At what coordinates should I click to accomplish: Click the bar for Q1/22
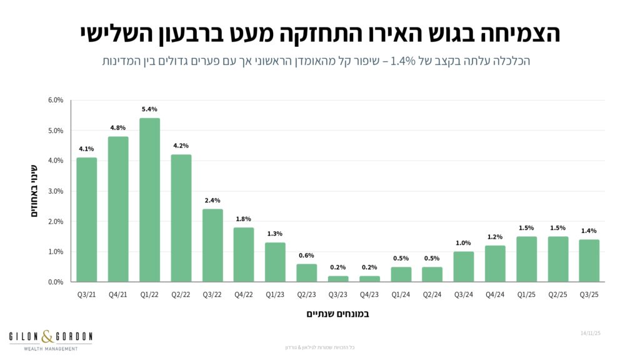149,200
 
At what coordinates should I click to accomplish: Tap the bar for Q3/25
589,261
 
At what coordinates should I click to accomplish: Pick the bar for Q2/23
306,272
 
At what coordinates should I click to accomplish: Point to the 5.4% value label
149,109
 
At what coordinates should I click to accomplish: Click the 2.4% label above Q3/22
212,201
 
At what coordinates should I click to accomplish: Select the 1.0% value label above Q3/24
464,243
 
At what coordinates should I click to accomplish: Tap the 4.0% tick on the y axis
56,161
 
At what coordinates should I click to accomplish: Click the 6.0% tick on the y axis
56,100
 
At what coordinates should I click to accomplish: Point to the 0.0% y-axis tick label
56,282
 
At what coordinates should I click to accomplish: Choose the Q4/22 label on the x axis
244,294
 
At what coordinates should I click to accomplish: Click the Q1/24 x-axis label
401,294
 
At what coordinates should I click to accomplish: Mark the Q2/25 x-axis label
558,294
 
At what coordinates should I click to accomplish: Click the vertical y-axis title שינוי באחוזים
35,191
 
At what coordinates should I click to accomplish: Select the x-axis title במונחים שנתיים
337,313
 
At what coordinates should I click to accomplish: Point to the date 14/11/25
591,334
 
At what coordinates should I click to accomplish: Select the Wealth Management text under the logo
51,348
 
